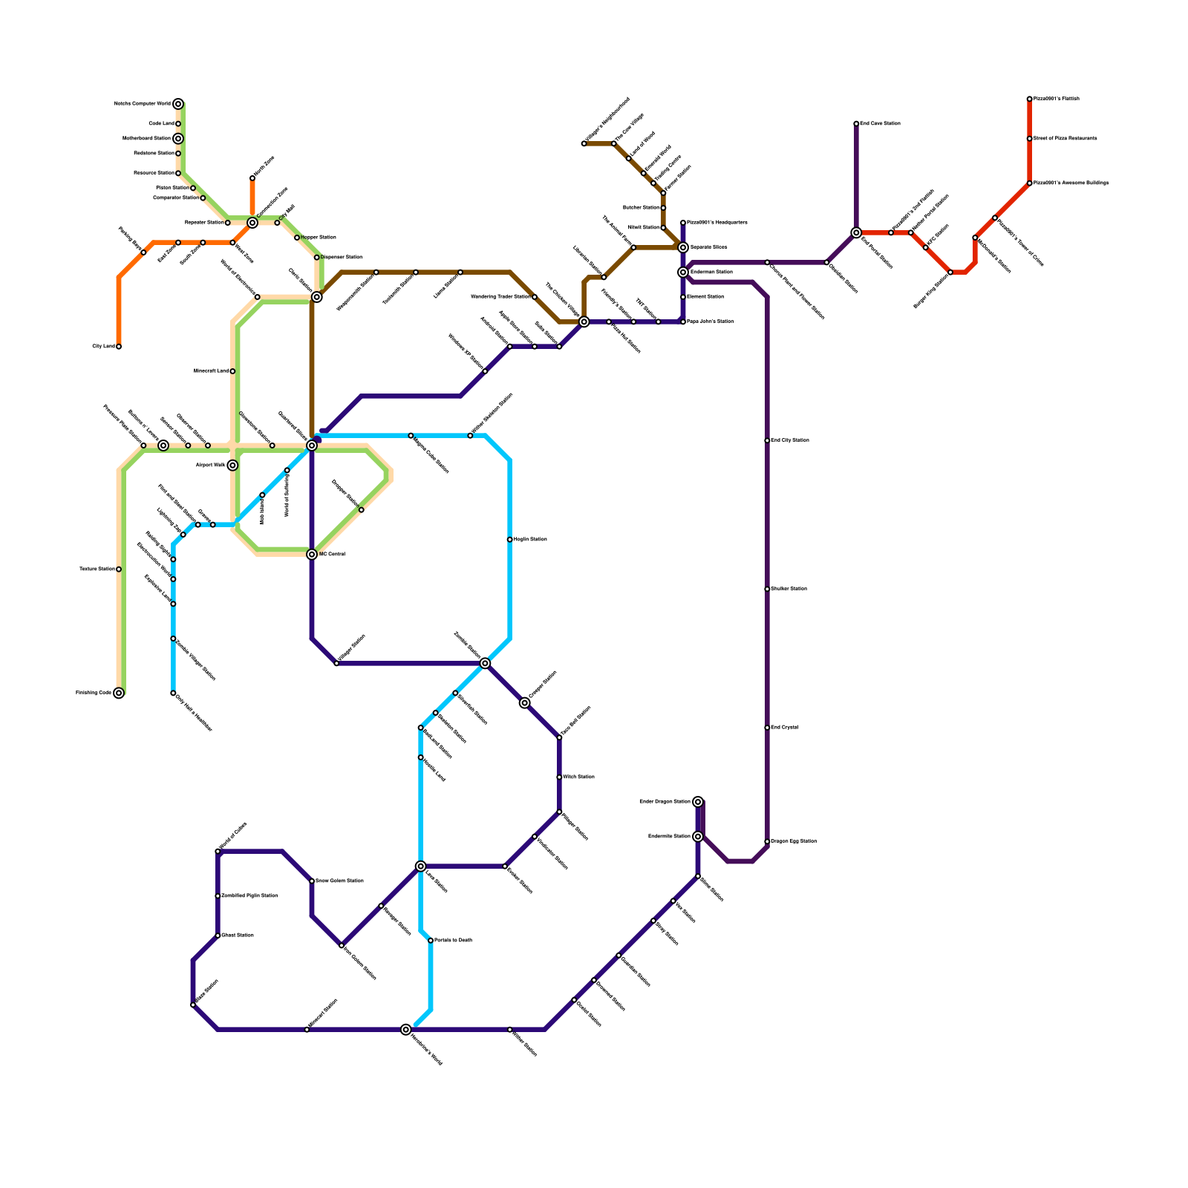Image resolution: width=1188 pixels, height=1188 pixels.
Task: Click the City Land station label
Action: pyautogui.click(x=103, y=347)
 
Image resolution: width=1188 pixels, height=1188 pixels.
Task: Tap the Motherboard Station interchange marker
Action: pyautogui.click(x=178, y=139)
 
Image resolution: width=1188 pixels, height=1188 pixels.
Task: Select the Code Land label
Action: pyautogui.click(x=161, y=124)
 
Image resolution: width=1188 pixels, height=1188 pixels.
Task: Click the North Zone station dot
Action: pyautogui.click(x=252, y=178)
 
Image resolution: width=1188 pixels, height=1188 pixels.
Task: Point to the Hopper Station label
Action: pyautogui.click(x=319, y=238)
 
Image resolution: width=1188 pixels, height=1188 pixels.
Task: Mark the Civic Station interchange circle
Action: pyautogui.click(x=317, y=297)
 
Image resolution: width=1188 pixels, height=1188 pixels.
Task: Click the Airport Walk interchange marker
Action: pyautogui.click(x=232, y=466)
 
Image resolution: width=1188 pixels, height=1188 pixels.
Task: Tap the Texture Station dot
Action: pyautogui.click(x=119, y=569)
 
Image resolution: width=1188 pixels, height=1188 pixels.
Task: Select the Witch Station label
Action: pyautogui.click(x=578, y=777)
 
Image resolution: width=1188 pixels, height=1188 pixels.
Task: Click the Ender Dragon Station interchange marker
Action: pyautogui.click(x=698, y=802)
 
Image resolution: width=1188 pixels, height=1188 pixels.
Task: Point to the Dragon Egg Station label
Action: pyautogui.click(x=794, y=841)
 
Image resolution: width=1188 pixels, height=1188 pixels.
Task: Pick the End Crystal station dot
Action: pyautogui.click(x=767, y=728)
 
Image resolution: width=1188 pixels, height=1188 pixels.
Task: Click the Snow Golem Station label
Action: pyautogui.click(x=339, y=881)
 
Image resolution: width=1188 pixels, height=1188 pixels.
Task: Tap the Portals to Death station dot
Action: pyautogui.click(x=431, y=941)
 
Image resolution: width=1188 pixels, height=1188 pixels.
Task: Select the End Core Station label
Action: pyautogui.click(x=880, y=124)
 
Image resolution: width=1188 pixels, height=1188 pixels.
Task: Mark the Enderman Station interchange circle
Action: pyautogui.click(x=683, y=272)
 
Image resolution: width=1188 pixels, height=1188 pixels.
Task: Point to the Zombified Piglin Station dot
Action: pyautogui.click(x=218, y=896)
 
